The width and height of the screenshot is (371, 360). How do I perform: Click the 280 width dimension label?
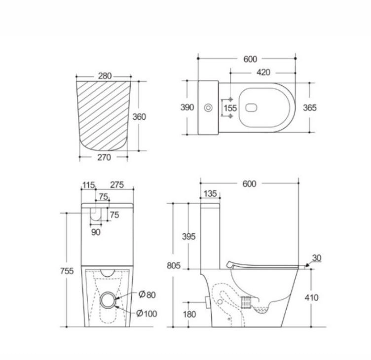105,76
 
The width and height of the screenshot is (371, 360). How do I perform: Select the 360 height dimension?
139,117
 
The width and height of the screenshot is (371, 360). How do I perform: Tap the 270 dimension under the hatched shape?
104,157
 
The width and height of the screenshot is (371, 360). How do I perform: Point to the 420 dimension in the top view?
263,72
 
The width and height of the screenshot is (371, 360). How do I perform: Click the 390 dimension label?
187,108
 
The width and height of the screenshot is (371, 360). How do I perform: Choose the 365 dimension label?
310,108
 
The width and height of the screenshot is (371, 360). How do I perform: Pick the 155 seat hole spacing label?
230,108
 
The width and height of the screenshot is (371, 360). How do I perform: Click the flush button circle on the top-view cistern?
208,108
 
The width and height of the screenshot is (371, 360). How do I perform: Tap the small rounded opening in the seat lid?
251,108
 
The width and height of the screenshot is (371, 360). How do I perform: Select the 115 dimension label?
88,185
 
